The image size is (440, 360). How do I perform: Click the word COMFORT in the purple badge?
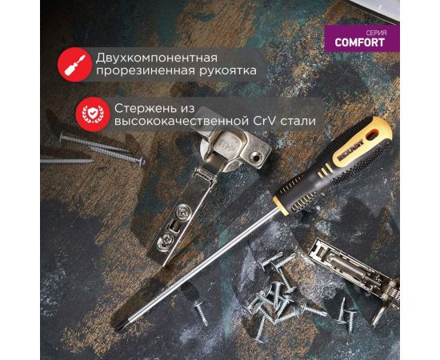[360, 42]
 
